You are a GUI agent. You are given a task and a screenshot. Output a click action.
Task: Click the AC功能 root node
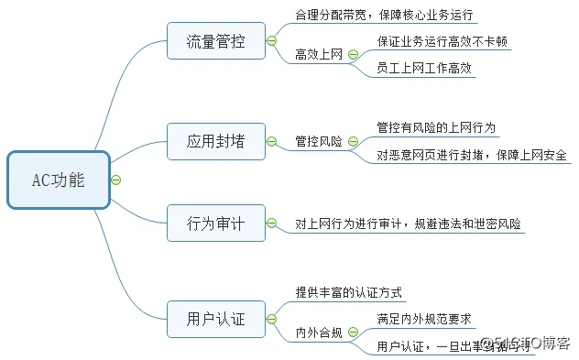(58, 180)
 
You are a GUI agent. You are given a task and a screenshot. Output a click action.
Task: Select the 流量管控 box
(215, 41)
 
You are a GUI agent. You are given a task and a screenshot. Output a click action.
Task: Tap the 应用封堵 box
(215, 141)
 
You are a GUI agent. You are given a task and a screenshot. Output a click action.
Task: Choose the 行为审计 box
(215, 223)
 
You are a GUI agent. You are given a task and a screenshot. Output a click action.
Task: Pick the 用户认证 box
(215, 319)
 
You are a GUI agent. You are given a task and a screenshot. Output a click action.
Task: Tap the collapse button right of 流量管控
(271, 41)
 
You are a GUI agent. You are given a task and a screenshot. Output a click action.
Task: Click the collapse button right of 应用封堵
(271, 141)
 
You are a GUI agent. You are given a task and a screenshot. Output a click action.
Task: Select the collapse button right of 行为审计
(271, 223)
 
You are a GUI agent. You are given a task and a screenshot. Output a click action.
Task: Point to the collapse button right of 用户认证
(271, 319)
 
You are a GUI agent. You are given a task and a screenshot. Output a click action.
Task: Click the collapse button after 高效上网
(355, 55)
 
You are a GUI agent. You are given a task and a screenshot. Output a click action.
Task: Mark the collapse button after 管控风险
(355, 142)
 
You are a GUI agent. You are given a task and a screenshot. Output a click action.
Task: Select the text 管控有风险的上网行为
(436, 127)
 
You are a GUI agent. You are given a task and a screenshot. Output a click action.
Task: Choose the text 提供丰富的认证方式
(349, 292)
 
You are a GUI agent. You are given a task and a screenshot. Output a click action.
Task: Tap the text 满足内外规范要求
(423, 319)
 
